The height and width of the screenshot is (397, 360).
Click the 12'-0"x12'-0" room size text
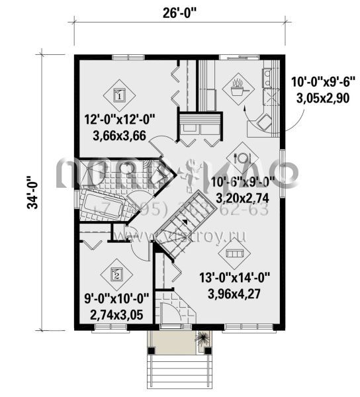pyautogui.click(x=119, y=120)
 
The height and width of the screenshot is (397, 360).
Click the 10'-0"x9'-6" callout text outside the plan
pyautogui.click(x=323, y=82)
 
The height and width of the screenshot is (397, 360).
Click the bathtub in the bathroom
pyautogui.click(x=101, y=207)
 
